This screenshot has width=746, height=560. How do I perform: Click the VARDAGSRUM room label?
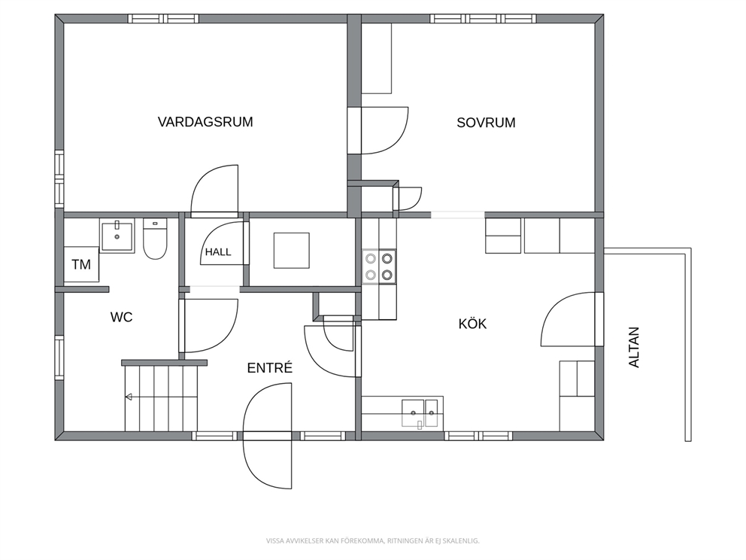tap(205, 122)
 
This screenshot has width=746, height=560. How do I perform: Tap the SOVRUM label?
tap(486, 123)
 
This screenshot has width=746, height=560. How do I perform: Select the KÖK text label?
tap(472, 324)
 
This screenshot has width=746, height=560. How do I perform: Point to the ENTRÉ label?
tap(270, 367)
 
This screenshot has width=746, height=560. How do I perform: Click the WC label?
tap(121, 317)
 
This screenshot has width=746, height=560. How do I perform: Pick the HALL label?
tap(218, 252)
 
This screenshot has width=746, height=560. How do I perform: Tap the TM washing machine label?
tap(81, 264)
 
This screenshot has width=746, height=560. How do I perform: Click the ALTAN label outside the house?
tap(634, 347)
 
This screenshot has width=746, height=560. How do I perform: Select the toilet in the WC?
tap(155, 239)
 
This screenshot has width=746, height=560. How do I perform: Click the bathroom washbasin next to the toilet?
tap(117, 236)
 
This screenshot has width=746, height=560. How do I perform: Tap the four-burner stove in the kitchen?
tap(379, 266)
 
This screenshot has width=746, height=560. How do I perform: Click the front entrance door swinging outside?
tap(268, 460)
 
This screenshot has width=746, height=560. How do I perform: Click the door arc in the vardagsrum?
tap(214, 190)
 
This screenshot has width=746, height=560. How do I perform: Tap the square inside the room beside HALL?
tap(291, 251)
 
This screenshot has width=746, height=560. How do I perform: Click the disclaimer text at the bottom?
tap(372, 540)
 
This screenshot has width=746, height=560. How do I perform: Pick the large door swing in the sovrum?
tap(384, 130)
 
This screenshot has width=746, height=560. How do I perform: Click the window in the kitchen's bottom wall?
tap(478, 436)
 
